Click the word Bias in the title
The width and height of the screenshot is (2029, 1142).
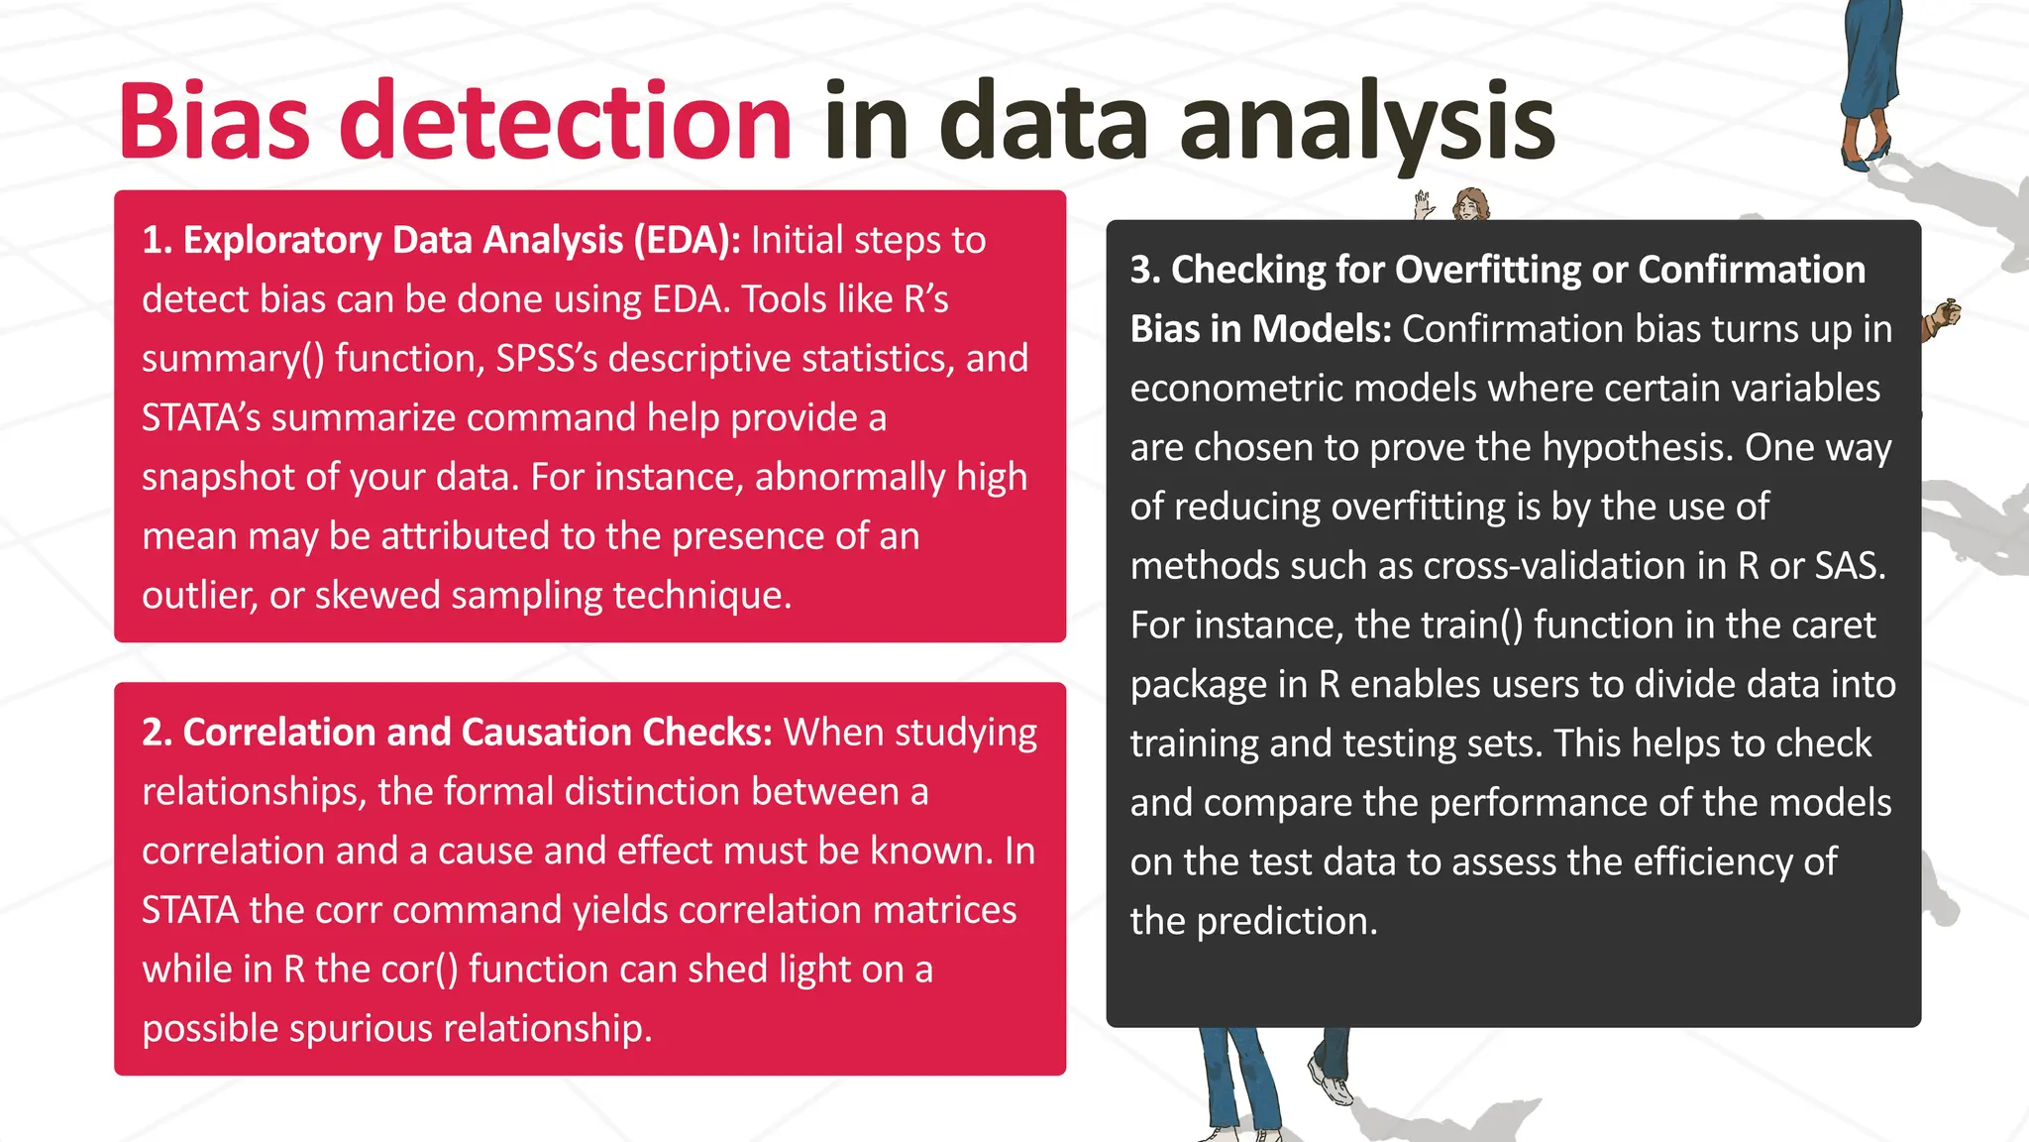213,123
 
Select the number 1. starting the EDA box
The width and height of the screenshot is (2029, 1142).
158,241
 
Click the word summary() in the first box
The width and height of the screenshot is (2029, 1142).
233,359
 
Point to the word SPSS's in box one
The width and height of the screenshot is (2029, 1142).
547,359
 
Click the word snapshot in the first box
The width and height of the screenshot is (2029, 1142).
217,478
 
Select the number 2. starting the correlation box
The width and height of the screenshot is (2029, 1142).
158,733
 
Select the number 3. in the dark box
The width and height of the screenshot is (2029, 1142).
1145,271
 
